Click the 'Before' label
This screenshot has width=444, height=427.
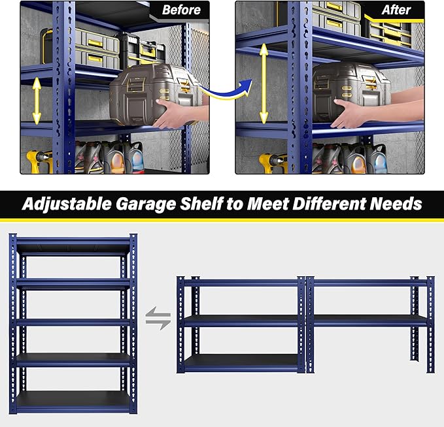coord(181,10)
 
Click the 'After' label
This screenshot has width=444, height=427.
coord(396,10)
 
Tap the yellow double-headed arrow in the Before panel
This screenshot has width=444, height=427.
coord(37,101)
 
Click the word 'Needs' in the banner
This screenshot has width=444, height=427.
coord(398,204)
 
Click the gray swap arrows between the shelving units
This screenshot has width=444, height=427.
coord(158,320)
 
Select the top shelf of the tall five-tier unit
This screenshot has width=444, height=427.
coord(73,247)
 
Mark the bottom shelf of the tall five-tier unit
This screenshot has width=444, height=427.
coord(73,400)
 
